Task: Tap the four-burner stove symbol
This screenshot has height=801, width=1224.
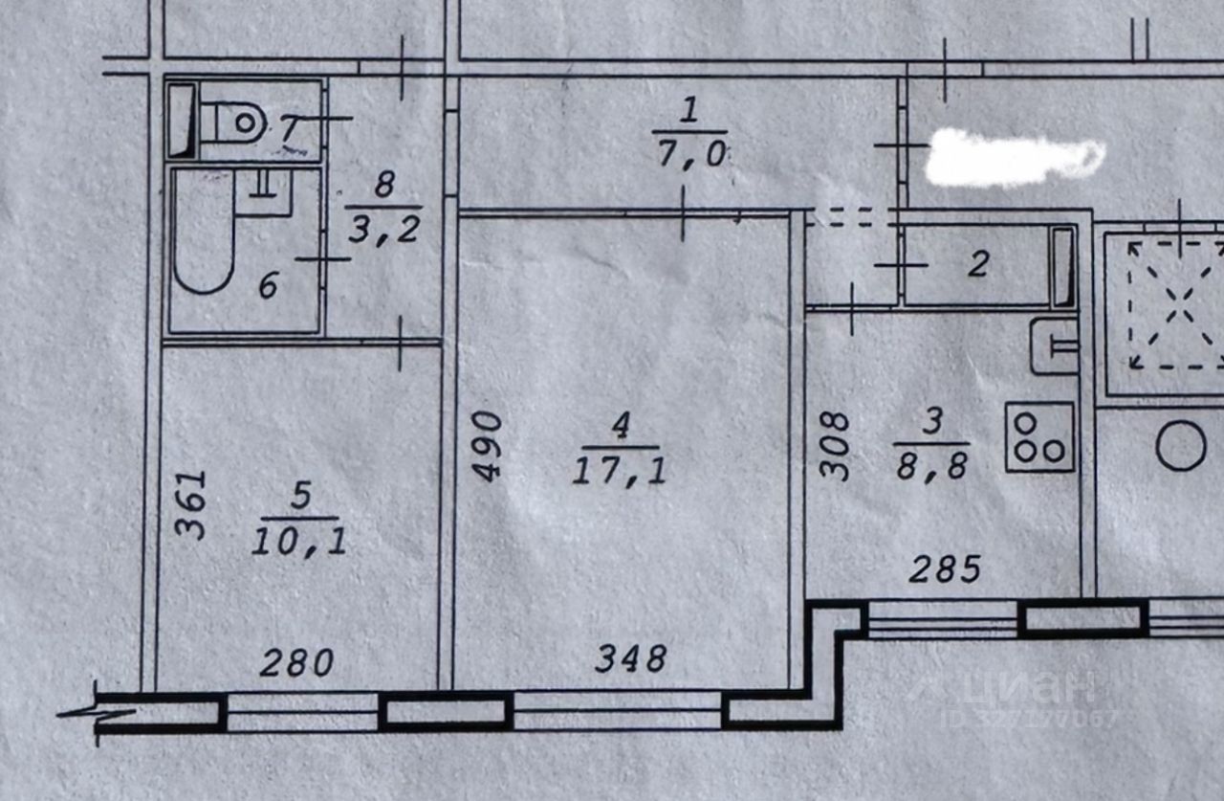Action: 1039,436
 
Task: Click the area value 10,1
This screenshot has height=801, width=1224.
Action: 299,543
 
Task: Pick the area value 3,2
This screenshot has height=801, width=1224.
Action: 384,230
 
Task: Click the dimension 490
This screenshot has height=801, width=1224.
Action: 488,446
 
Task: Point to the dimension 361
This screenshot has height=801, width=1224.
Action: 192,504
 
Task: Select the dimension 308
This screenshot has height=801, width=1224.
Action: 835,445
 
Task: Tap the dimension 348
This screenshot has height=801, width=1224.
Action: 630,658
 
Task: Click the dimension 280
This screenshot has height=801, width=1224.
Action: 296,661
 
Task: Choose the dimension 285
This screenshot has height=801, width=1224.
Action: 944,570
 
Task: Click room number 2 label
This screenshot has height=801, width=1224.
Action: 977,264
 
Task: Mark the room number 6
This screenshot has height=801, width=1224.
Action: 269,285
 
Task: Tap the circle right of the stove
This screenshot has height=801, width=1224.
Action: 1181,446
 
